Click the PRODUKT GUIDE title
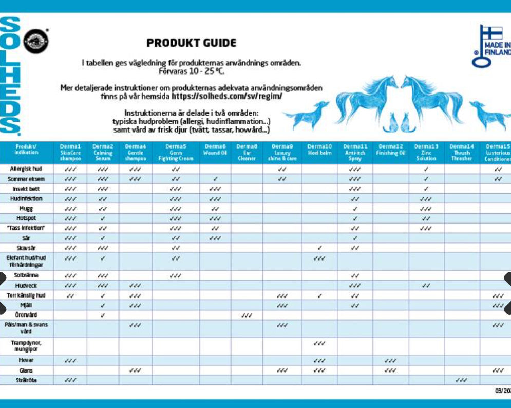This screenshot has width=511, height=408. tap(192, 43)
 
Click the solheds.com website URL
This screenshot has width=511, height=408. tap(226, 96)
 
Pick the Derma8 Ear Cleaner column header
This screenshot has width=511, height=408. tap(246, 153)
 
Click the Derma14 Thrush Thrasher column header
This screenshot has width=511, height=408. tap(461, 153)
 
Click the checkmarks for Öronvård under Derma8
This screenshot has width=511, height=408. tap(246, 315)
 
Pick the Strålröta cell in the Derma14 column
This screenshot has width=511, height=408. tap(461, 380)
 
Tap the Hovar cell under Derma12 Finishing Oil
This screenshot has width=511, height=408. tap(390, 361)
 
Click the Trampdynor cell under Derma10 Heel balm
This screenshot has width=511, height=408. tap(319, 343)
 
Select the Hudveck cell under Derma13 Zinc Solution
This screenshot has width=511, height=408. tap(426, 286)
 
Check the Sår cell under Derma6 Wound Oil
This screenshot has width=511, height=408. tap(215, 238)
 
